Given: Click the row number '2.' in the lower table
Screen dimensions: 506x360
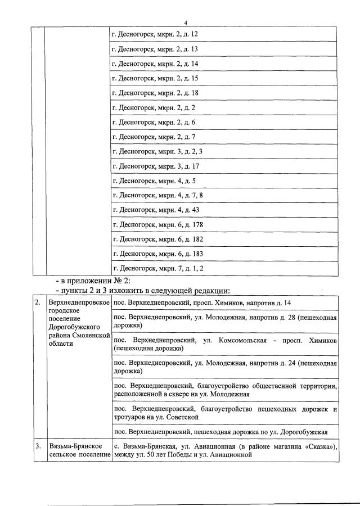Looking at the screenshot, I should pos(38,302).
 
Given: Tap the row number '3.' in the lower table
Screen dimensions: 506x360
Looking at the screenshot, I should pos(38,446).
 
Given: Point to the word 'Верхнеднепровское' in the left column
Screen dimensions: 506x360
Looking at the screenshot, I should pos(78,302).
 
